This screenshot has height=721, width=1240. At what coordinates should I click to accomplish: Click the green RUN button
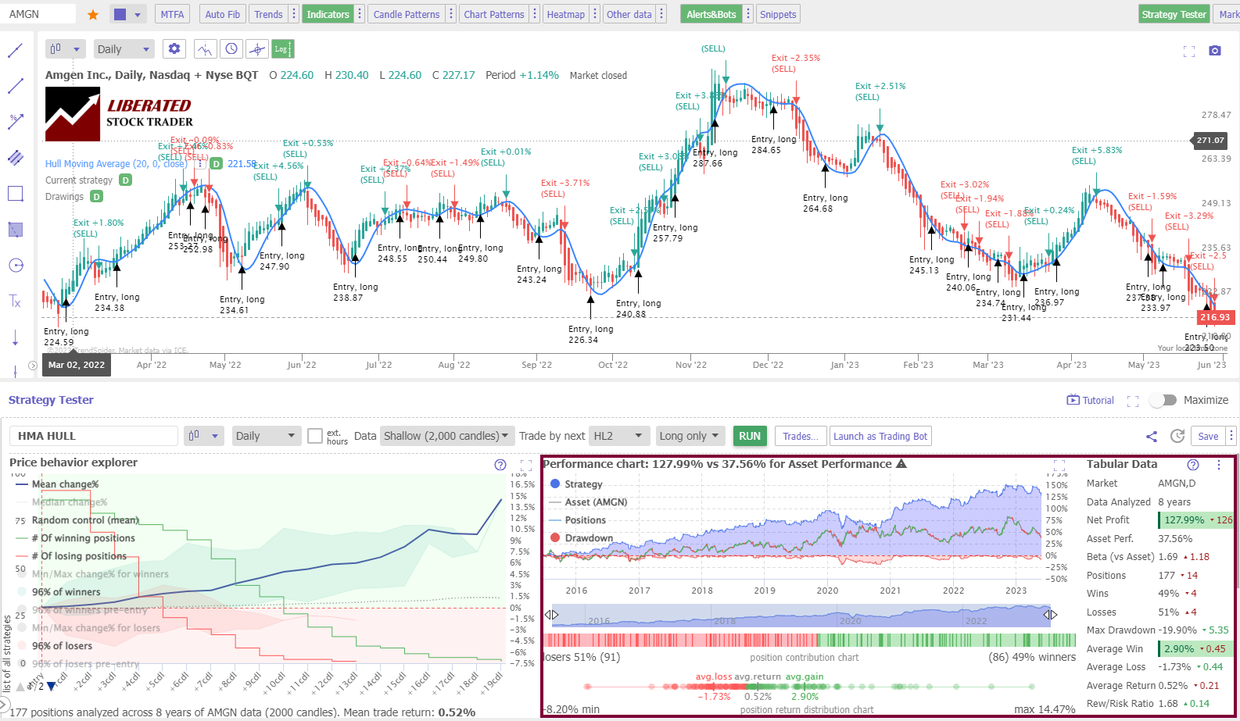pos(749,436)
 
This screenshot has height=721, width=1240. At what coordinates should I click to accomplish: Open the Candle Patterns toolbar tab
pos(406,14)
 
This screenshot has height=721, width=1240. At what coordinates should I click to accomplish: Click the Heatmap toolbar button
pos(565,14)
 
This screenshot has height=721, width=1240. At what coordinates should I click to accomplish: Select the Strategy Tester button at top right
pos(1174,14)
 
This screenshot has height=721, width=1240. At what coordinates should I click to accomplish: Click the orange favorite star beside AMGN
pos(93,15)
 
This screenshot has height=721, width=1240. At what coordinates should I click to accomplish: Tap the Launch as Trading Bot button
pos(880,436)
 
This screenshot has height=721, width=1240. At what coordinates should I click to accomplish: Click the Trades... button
pos(800,436)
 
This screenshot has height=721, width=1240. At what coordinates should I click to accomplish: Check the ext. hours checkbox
pos(315,436)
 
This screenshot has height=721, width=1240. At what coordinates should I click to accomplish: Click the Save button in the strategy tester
pos(1207,436)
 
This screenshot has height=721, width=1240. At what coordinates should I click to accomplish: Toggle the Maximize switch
pos(1163,400)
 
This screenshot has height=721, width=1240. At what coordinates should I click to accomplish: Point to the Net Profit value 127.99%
pos(1184,519)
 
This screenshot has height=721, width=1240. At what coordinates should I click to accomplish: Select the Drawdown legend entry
pos(588,538)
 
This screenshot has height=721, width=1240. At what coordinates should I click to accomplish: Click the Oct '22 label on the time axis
pos(612,365)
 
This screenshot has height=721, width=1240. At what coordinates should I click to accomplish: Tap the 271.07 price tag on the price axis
pos(1210,141)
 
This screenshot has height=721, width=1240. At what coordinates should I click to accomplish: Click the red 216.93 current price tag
pos(1214,317)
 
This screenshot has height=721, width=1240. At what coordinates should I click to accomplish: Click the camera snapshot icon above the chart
pos(1214,51)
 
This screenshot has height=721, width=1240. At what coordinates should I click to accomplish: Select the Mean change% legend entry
pos(65,484)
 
